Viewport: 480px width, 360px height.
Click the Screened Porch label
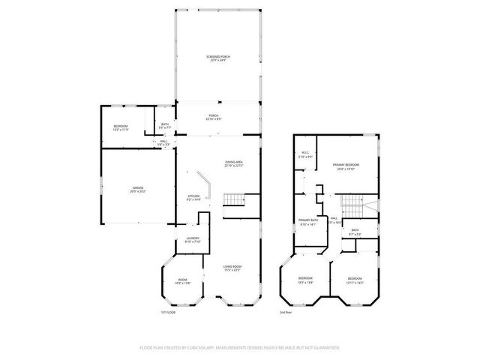click(x=219, y=58)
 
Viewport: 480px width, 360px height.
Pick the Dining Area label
click(x=234, y=163)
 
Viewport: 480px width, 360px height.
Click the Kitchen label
click(x=193, y=198)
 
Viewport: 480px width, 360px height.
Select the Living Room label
click(x=232, y=268)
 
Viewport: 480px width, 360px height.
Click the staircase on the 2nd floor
click(x=352, y=205)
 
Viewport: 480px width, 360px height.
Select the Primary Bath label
click(x=308, y=222)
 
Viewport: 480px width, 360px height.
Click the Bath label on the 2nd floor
click(x=355, y=232)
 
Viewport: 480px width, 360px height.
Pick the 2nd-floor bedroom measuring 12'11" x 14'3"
click(x=355, y=280)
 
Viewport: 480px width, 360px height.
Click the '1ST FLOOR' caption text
click(x=169, y=312)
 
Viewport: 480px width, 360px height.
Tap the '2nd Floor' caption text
click(x=286, y=312)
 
